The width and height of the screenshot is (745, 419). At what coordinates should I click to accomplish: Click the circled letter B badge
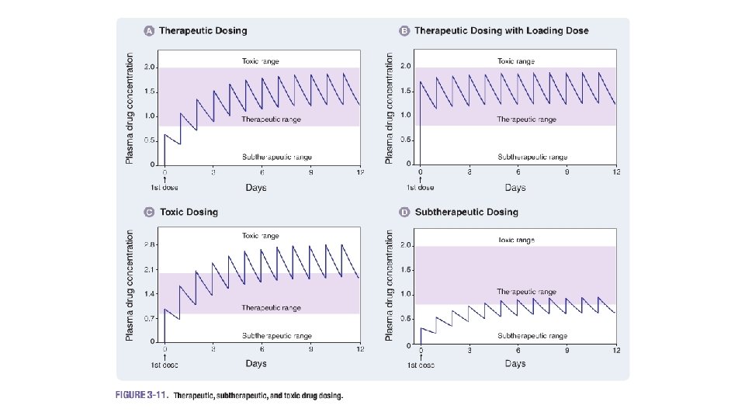404,31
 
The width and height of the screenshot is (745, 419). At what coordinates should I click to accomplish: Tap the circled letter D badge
404,212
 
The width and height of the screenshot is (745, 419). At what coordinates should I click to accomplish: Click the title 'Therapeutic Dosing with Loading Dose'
501,31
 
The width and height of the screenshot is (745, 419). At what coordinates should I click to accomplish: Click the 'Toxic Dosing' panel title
189,212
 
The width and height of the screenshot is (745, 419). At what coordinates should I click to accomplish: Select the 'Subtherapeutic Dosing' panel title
466,212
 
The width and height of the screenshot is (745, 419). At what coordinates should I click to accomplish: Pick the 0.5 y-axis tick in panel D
405,319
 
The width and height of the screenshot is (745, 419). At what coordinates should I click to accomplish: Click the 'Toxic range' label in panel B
516,61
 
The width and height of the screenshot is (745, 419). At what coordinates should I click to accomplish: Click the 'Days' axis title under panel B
515,187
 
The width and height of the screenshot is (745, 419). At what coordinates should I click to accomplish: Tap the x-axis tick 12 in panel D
616,351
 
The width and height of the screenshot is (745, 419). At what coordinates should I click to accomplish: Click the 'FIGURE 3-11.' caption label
140,395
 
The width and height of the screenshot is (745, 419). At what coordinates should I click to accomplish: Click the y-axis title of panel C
130,285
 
